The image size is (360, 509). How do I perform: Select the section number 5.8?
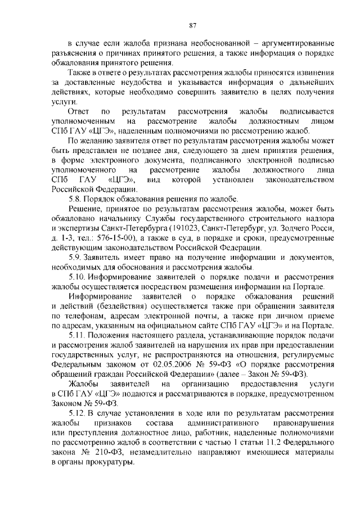tap(76, 199)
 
